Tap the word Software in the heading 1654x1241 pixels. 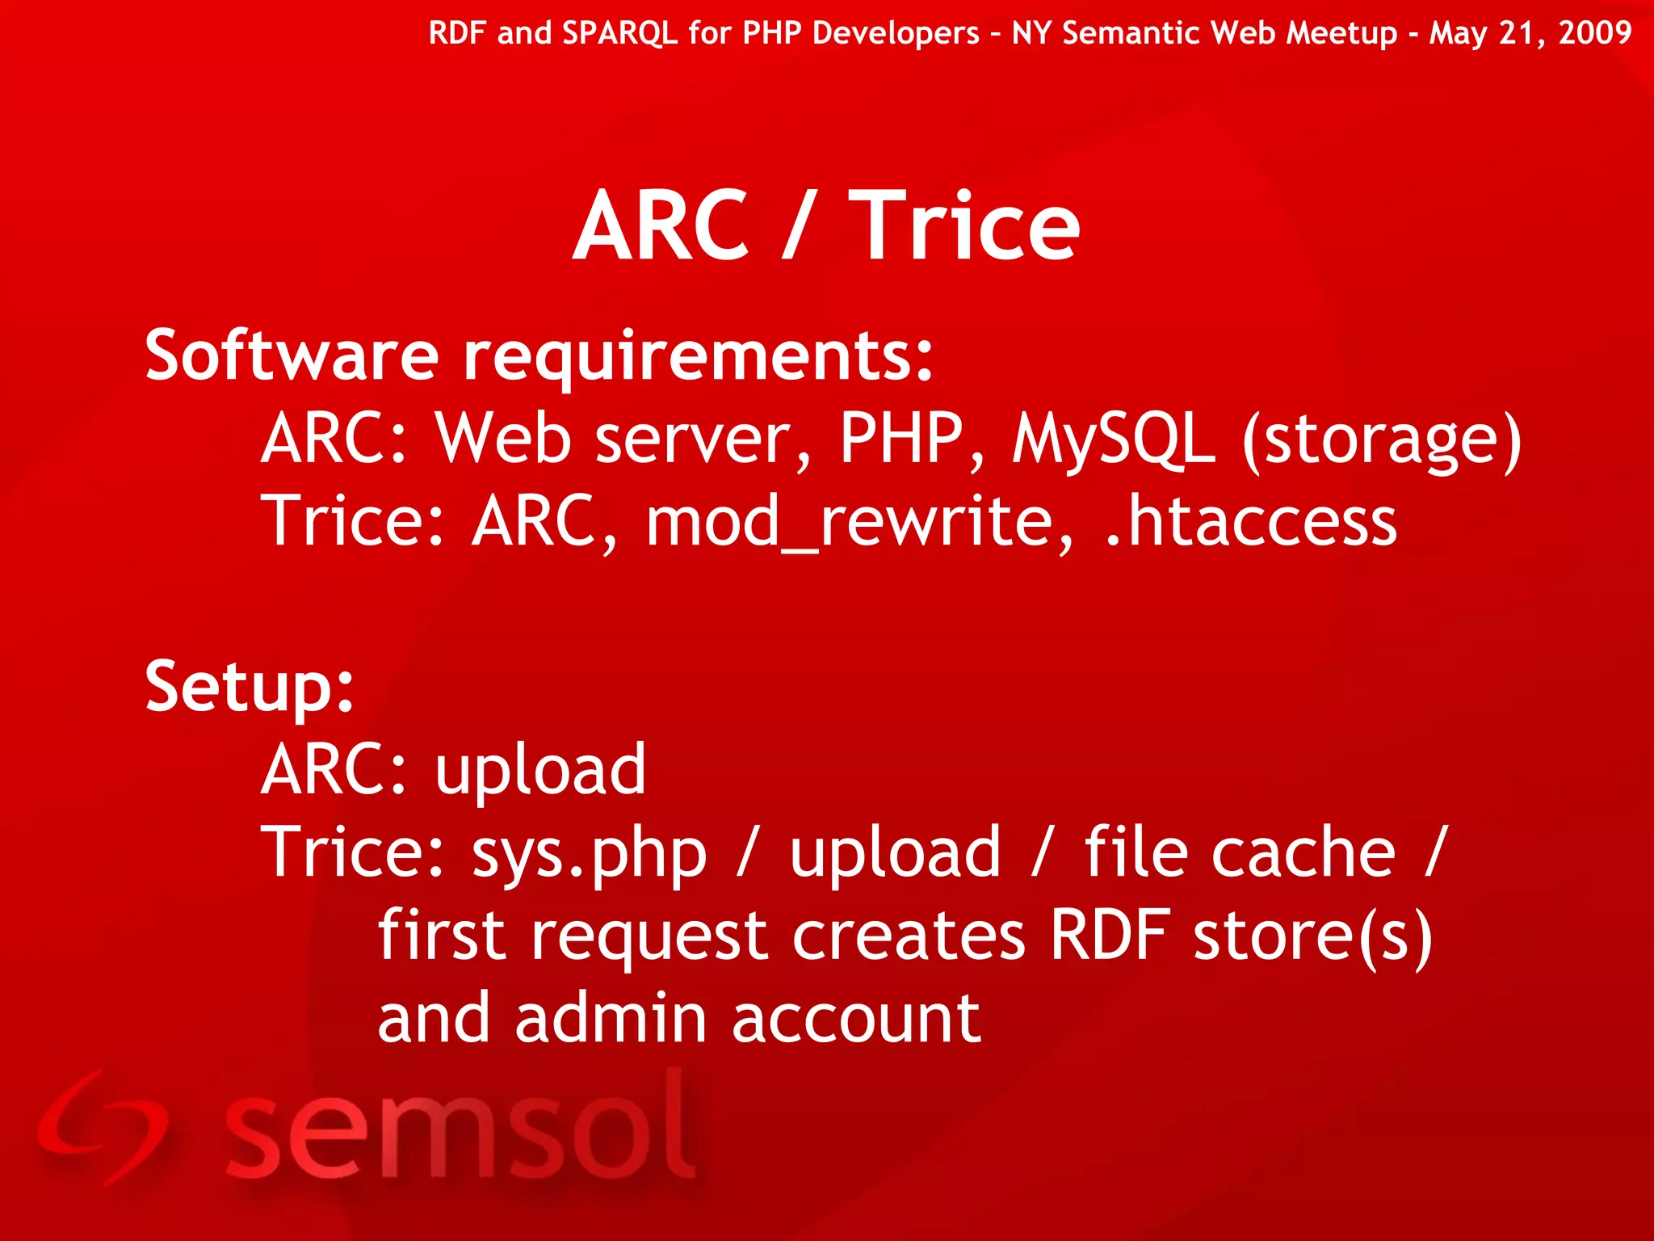292,355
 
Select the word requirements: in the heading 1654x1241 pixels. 699,357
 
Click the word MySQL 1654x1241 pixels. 1114,440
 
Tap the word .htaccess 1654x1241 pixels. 1250,523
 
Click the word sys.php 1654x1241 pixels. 589,855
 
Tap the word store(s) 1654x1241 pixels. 1312,937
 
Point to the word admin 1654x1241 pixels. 611,1019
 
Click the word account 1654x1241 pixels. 856,1019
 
